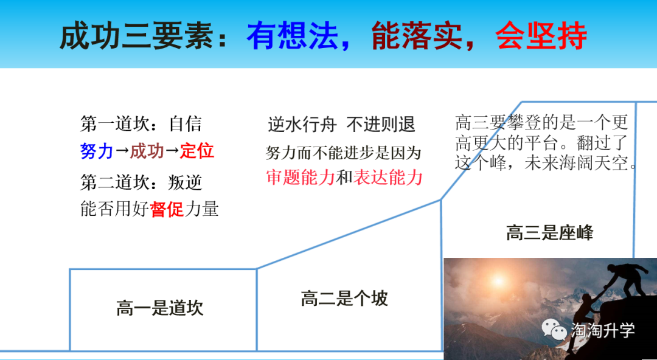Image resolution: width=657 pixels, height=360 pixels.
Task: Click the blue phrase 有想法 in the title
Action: click(x=293, y=36)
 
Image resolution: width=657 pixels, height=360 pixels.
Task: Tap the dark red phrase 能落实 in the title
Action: click(x=417, y=36)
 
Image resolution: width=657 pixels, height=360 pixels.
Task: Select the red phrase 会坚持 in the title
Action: click(x=541, y=36)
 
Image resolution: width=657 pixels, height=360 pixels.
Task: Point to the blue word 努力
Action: click(x=97, y=151)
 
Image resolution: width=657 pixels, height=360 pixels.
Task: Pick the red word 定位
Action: click(x=197, y=151)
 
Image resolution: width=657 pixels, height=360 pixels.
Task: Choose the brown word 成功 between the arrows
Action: click(x=147, y=151)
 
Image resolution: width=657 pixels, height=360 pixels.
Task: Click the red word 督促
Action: click(x=167, y=209)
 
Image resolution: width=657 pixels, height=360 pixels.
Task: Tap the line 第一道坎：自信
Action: click(x=141, y=125)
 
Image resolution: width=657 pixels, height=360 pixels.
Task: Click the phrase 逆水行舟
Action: click(x=302, y=125)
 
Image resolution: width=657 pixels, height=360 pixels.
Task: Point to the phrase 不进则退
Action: click(x=381, y=125)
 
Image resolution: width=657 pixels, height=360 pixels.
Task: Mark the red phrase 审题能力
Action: click(x=301, y=178)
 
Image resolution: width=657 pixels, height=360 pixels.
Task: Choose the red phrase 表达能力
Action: click(x=388, y=178)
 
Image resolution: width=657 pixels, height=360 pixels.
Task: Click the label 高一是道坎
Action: click(x=160, y=308)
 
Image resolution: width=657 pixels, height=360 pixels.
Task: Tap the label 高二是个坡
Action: click(x=344, y=299)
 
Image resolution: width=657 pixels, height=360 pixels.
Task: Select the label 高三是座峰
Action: click(x=550, y=232)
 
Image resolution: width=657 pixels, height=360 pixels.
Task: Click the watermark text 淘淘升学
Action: click(x=603, y=330)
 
